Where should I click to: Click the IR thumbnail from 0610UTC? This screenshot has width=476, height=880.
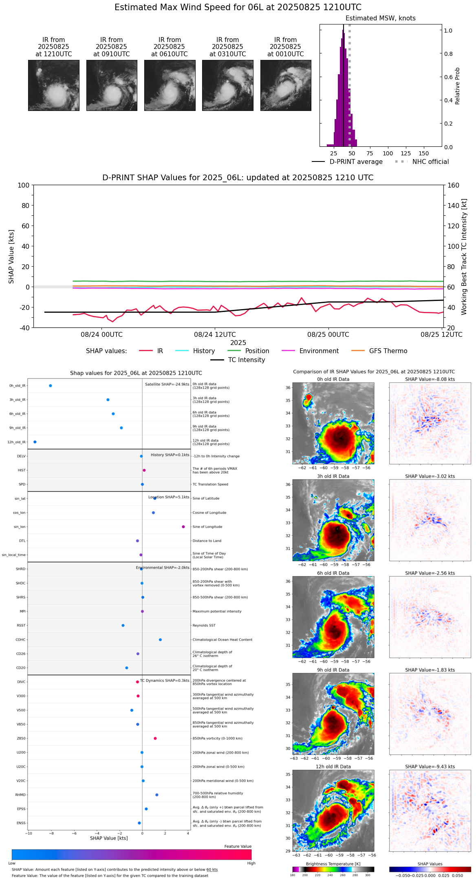[x=170, y=85]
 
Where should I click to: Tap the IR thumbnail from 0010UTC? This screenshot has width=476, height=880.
[x=286, y=85]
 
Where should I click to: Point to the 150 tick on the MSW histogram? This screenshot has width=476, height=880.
[x=424, y=153]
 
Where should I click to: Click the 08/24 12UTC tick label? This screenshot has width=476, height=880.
[x=215, y=334]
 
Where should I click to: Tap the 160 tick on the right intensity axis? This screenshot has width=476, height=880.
[x=453, y=185]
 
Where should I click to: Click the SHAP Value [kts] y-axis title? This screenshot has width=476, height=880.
[x=11, y=256]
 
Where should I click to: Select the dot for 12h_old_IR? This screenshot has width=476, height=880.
[x=35, y=442]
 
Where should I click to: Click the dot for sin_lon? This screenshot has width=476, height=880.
[x=183, y=527]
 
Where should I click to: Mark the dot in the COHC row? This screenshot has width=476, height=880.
[x=160, y=640]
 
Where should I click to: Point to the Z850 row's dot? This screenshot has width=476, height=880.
[x=155, y=738]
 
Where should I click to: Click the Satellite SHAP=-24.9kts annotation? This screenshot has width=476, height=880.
[x=167, y=384]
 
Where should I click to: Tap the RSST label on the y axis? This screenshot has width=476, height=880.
[x=21, y=626]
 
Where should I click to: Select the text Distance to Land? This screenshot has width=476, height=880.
[x=207, y=541]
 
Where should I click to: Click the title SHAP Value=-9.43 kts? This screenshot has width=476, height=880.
[x=430, y=767]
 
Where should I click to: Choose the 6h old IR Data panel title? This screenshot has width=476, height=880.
[x=333, y=573]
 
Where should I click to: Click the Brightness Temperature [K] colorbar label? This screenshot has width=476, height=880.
[x=333, y=864]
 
